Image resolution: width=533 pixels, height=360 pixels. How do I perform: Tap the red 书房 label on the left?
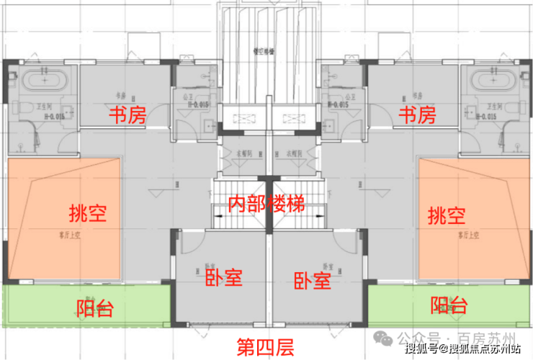[x=126, y=114]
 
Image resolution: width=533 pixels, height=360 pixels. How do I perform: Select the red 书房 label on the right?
[x=418, y=114]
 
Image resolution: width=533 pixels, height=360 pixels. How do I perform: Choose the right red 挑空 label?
[x=446, y=214]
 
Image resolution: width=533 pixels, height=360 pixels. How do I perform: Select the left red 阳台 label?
[x=94, y=309]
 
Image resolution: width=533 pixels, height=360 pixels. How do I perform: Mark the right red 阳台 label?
[x=448, y=305]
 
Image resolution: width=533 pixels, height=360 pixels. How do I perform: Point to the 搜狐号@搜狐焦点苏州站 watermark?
[x=462, y=351]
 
